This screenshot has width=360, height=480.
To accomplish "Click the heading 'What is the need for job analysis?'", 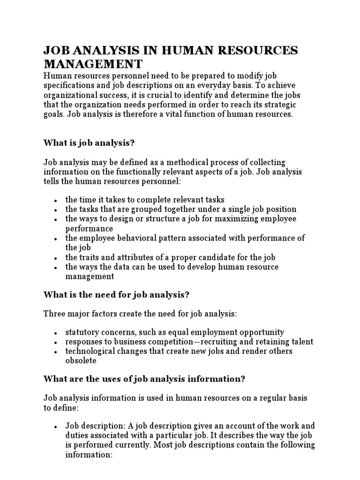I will coord(116,295).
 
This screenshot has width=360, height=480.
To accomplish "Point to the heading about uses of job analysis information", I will coord(144,379).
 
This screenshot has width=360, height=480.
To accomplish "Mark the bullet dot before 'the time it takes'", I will coord(56,201).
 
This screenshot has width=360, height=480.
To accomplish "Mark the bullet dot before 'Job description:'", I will coord(56,427).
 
